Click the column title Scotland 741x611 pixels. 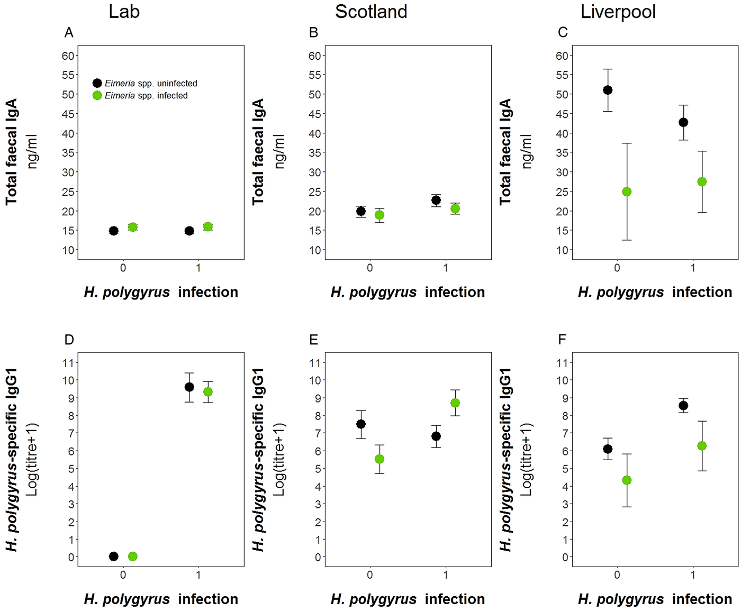(x=371, y=12)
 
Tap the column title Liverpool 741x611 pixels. (x=618, y=12)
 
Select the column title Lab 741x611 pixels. (x=124, y=12)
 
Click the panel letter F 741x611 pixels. (x=562, y=340)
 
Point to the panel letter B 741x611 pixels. (x=313, y=33)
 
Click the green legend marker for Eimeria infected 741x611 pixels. (x=97, y=96)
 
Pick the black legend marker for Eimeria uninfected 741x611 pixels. (x=97, y=83)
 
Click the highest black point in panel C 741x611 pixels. (x=608, y=90)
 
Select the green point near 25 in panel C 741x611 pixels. (x=627, y=191)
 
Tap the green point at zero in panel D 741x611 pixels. (x=132, y=557)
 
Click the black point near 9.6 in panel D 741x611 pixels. (x=189, y=387)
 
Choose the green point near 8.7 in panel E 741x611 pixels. (x=455, y=403)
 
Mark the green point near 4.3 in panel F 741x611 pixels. (x=627, y=480)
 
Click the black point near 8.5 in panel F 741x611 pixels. (x=683, y=406)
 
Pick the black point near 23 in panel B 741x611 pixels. (x=436, y=200)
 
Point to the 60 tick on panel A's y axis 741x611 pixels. (x=68, y=56)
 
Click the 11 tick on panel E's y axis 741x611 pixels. (x=315, y=363)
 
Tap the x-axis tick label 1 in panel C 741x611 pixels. (x=693, y=268)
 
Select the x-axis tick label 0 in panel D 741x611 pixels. (x=123, y=575)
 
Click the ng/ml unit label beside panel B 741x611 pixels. (x=280, y=151)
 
